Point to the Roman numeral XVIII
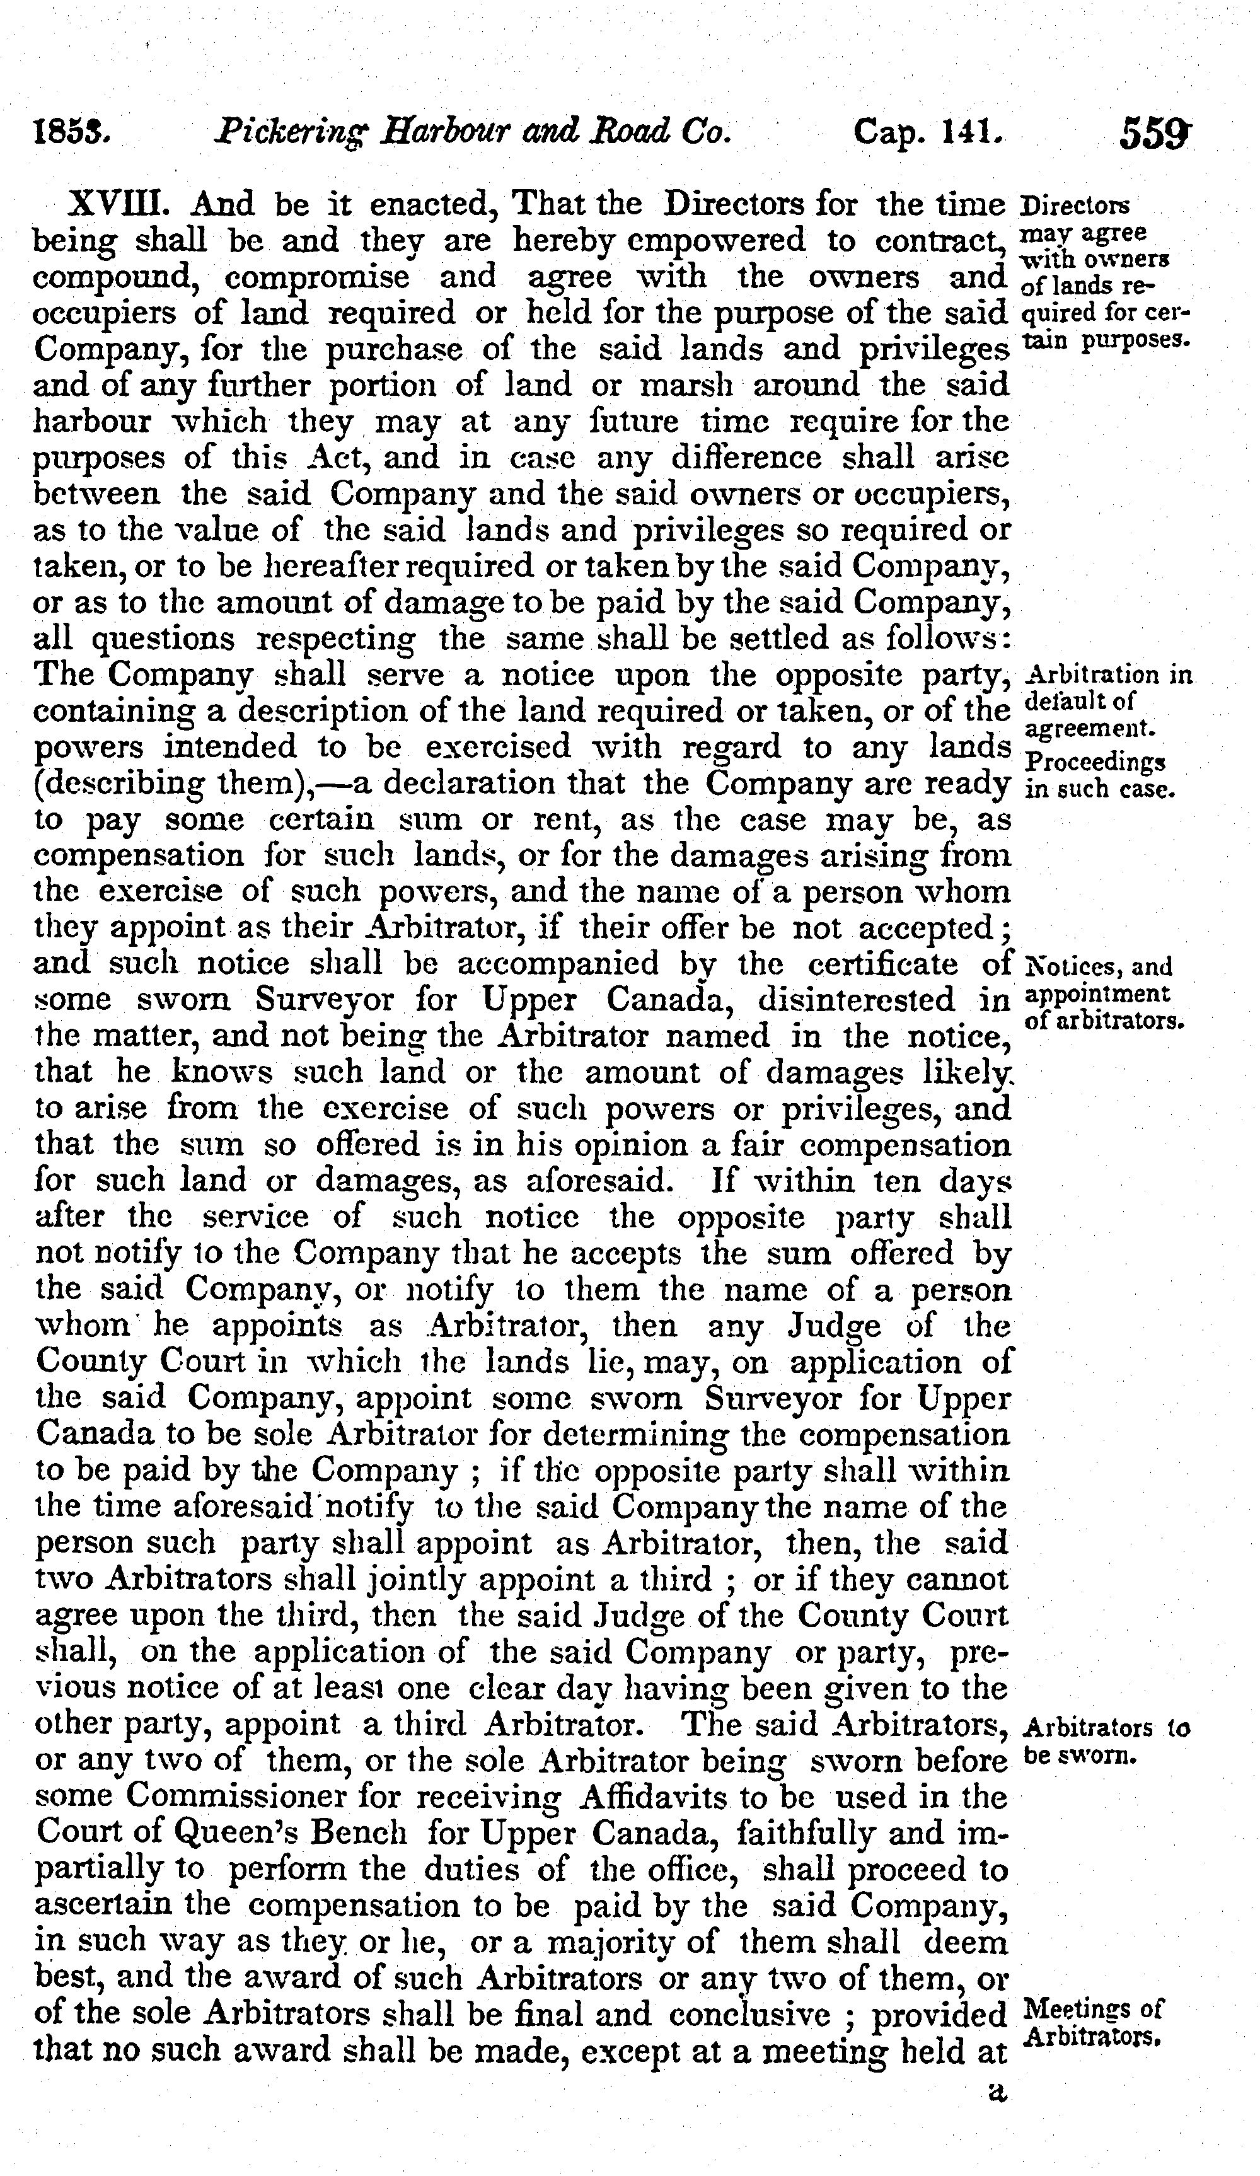tap(114, 205)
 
